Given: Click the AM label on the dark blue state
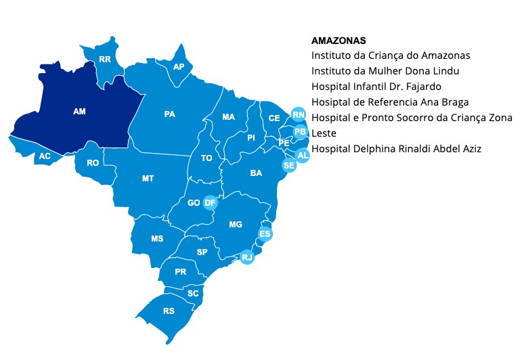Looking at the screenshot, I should pos(79,110).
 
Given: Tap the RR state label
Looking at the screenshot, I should pos(105,60).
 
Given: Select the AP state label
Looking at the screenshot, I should pos(179,66).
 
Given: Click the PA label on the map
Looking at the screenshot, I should pos(170,114).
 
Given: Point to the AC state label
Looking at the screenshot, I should pos(45,156).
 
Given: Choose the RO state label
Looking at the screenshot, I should pos(93,162).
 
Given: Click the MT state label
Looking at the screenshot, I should pos(148,179).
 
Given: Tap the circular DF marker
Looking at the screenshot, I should pos(210,202).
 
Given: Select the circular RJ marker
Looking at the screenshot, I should pos(247,257).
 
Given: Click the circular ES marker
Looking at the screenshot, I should pos(265,234).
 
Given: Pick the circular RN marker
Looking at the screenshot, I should pos(297,114).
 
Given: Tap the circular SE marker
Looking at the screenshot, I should pos(289,165).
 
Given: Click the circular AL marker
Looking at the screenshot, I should pos(303,156).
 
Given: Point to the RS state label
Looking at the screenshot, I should pos(169,311).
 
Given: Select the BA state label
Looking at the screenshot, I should pos(256,173).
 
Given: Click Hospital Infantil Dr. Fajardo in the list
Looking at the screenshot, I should pos(376,86).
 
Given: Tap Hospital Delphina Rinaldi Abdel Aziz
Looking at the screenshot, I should pos(396,148).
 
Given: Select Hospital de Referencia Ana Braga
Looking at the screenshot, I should pos(390,102).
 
